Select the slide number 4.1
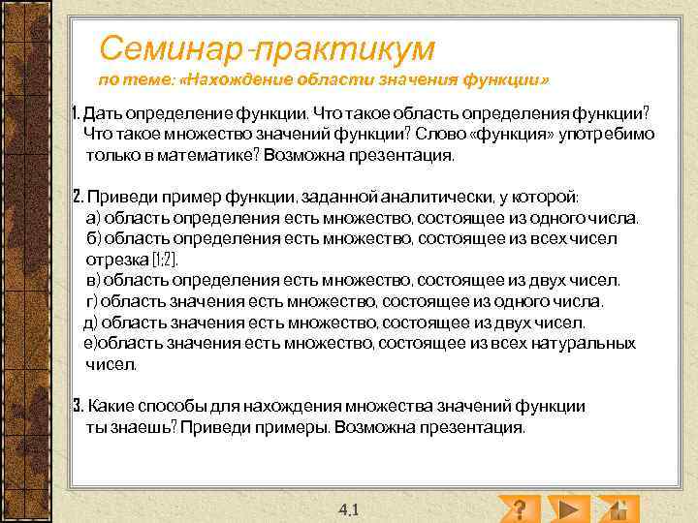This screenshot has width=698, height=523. click(349, 508)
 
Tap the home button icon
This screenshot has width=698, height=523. click(617, 508)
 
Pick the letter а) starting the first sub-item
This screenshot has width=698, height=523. click(93, 218)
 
